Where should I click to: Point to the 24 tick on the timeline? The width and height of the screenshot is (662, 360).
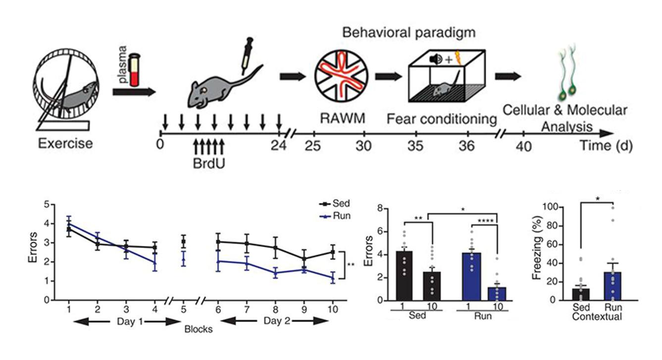[279, 133]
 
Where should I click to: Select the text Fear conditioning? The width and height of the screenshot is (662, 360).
[442, 119]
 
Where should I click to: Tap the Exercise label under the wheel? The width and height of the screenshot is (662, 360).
[65, 144]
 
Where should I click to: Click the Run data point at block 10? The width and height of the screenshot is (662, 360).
[333, 277]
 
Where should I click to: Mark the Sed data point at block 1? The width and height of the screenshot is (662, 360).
[69, 229]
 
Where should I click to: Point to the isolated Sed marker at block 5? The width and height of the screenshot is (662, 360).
[183, 242]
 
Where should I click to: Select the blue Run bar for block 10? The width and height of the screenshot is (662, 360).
[496, 294]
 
